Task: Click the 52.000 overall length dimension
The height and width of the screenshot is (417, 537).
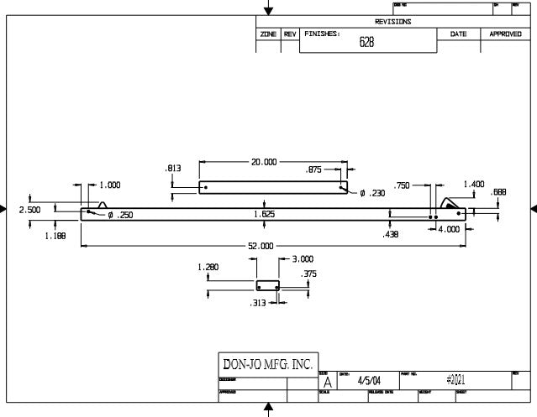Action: click(x=261, y=246)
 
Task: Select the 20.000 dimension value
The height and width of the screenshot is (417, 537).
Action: click(x=264, y=161)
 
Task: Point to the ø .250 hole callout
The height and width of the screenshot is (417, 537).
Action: click(x=119, y=215)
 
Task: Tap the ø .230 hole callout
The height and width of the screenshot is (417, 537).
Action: click(x=372, y=193)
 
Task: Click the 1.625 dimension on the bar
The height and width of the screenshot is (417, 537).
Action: click(x=264, y=215)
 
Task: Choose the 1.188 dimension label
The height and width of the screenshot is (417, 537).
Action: click(x=55, y=236)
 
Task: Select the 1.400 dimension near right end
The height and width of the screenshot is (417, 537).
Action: click(x=474, y=184)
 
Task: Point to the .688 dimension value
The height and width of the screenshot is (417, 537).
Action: click(x=498, y=192)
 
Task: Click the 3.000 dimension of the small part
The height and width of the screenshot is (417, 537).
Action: click(x=302, y=259)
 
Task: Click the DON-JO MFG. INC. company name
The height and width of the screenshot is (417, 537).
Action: click(x=266, y=364)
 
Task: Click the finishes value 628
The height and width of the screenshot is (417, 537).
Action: click(x=366, y=43)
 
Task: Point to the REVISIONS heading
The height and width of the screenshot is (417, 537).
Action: click(x=393, y=21)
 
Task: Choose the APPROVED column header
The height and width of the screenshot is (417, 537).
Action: click(x=505, y=34)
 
